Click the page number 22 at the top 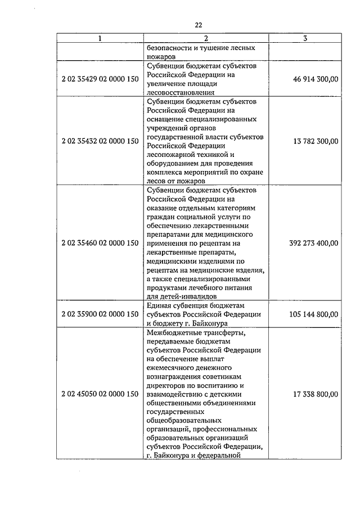[198, 24]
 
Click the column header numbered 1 [100, 38]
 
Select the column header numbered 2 [206, 38]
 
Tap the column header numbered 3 [304, 38]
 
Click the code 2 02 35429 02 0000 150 [100, 80]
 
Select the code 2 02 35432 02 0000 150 [100, 141]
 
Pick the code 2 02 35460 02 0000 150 [100, 243]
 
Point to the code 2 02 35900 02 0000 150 [100, 313]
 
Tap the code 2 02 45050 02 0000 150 [100, 394]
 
